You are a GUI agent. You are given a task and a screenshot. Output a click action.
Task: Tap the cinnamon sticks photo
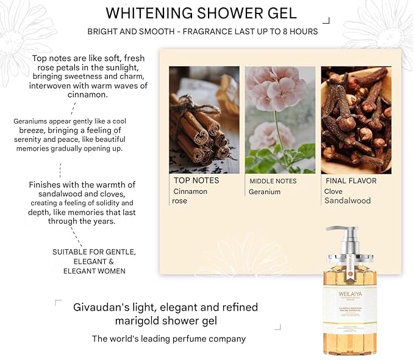tap(204, 119)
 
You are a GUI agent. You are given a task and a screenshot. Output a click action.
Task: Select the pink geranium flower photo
tap(280, 119)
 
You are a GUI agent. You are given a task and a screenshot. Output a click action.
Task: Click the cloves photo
tap(355, 119)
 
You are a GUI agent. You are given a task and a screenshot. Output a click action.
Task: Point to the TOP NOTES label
tap(196, 180)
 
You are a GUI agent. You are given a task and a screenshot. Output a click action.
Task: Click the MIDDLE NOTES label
tap(273, 181)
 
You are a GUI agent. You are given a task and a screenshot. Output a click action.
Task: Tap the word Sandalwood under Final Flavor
tap(348, 200)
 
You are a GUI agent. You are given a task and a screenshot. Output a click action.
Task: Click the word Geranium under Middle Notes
tap(265, 191)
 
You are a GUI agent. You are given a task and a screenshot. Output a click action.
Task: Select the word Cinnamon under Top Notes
tap(190, 191)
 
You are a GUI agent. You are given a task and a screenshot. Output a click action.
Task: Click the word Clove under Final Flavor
tap(334, 191)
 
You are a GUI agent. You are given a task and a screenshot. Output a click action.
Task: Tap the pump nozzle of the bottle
tap(337, 230)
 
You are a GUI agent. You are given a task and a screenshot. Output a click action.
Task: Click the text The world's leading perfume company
tap(169, 339)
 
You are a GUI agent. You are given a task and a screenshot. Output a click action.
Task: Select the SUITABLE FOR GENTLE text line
tap(94, 252)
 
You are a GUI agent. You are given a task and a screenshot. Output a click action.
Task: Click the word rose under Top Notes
tap(180, 201)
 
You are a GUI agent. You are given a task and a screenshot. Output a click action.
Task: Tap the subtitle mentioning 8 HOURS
tap(202, 32)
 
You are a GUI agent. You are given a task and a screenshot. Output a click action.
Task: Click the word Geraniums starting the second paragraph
tap(31, 121)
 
